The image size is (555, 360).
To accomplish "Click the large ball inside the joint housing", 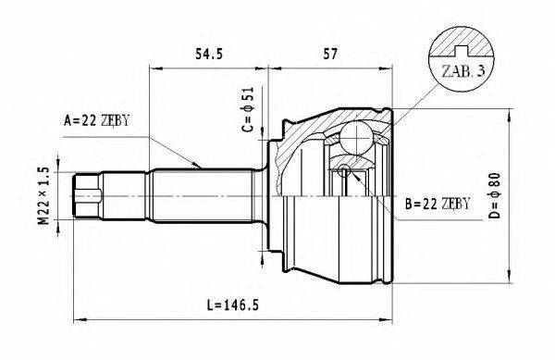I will coord(355,139).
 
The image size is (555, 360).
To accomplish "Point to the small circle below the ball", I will coord(344,169).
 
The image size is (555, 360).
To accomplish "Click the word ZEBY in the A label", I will coord(119,120).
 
